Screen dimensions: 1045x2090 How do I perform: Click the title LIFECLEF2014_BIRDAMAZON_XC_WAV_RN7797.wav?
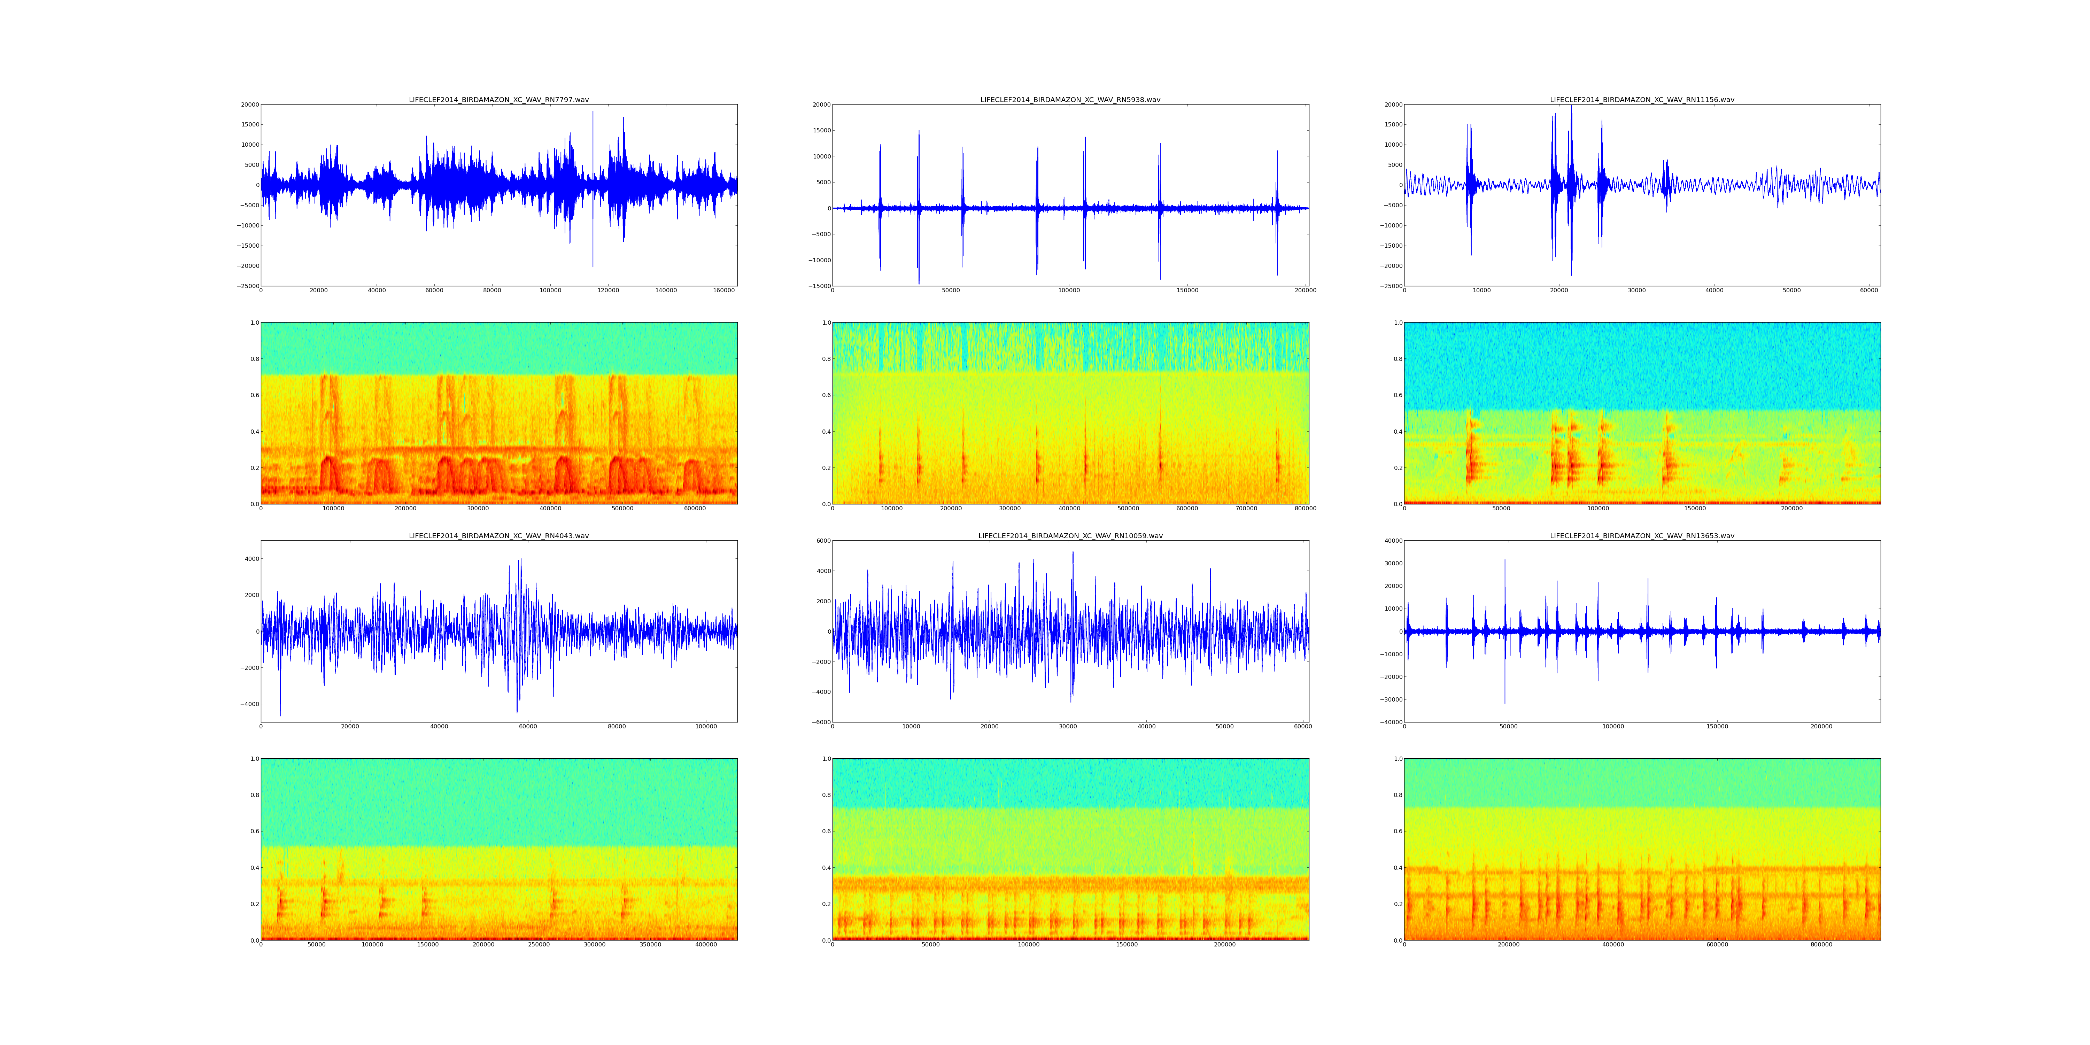point(498,100)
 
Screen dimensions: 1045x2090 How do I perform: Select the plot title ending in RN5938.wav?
point(1070,100)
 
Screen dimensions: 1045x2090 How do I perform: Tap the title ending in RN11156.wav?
point(1642,100)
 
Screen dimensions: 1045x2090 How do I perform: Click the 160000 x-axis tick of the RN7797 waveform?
point(724,291)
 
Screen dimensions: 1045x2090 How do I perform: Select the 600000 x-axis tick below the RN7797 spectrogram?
point(695,509)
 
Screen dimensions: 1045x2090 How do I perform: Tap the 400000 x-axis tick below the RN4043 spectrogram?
point(706,944)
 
